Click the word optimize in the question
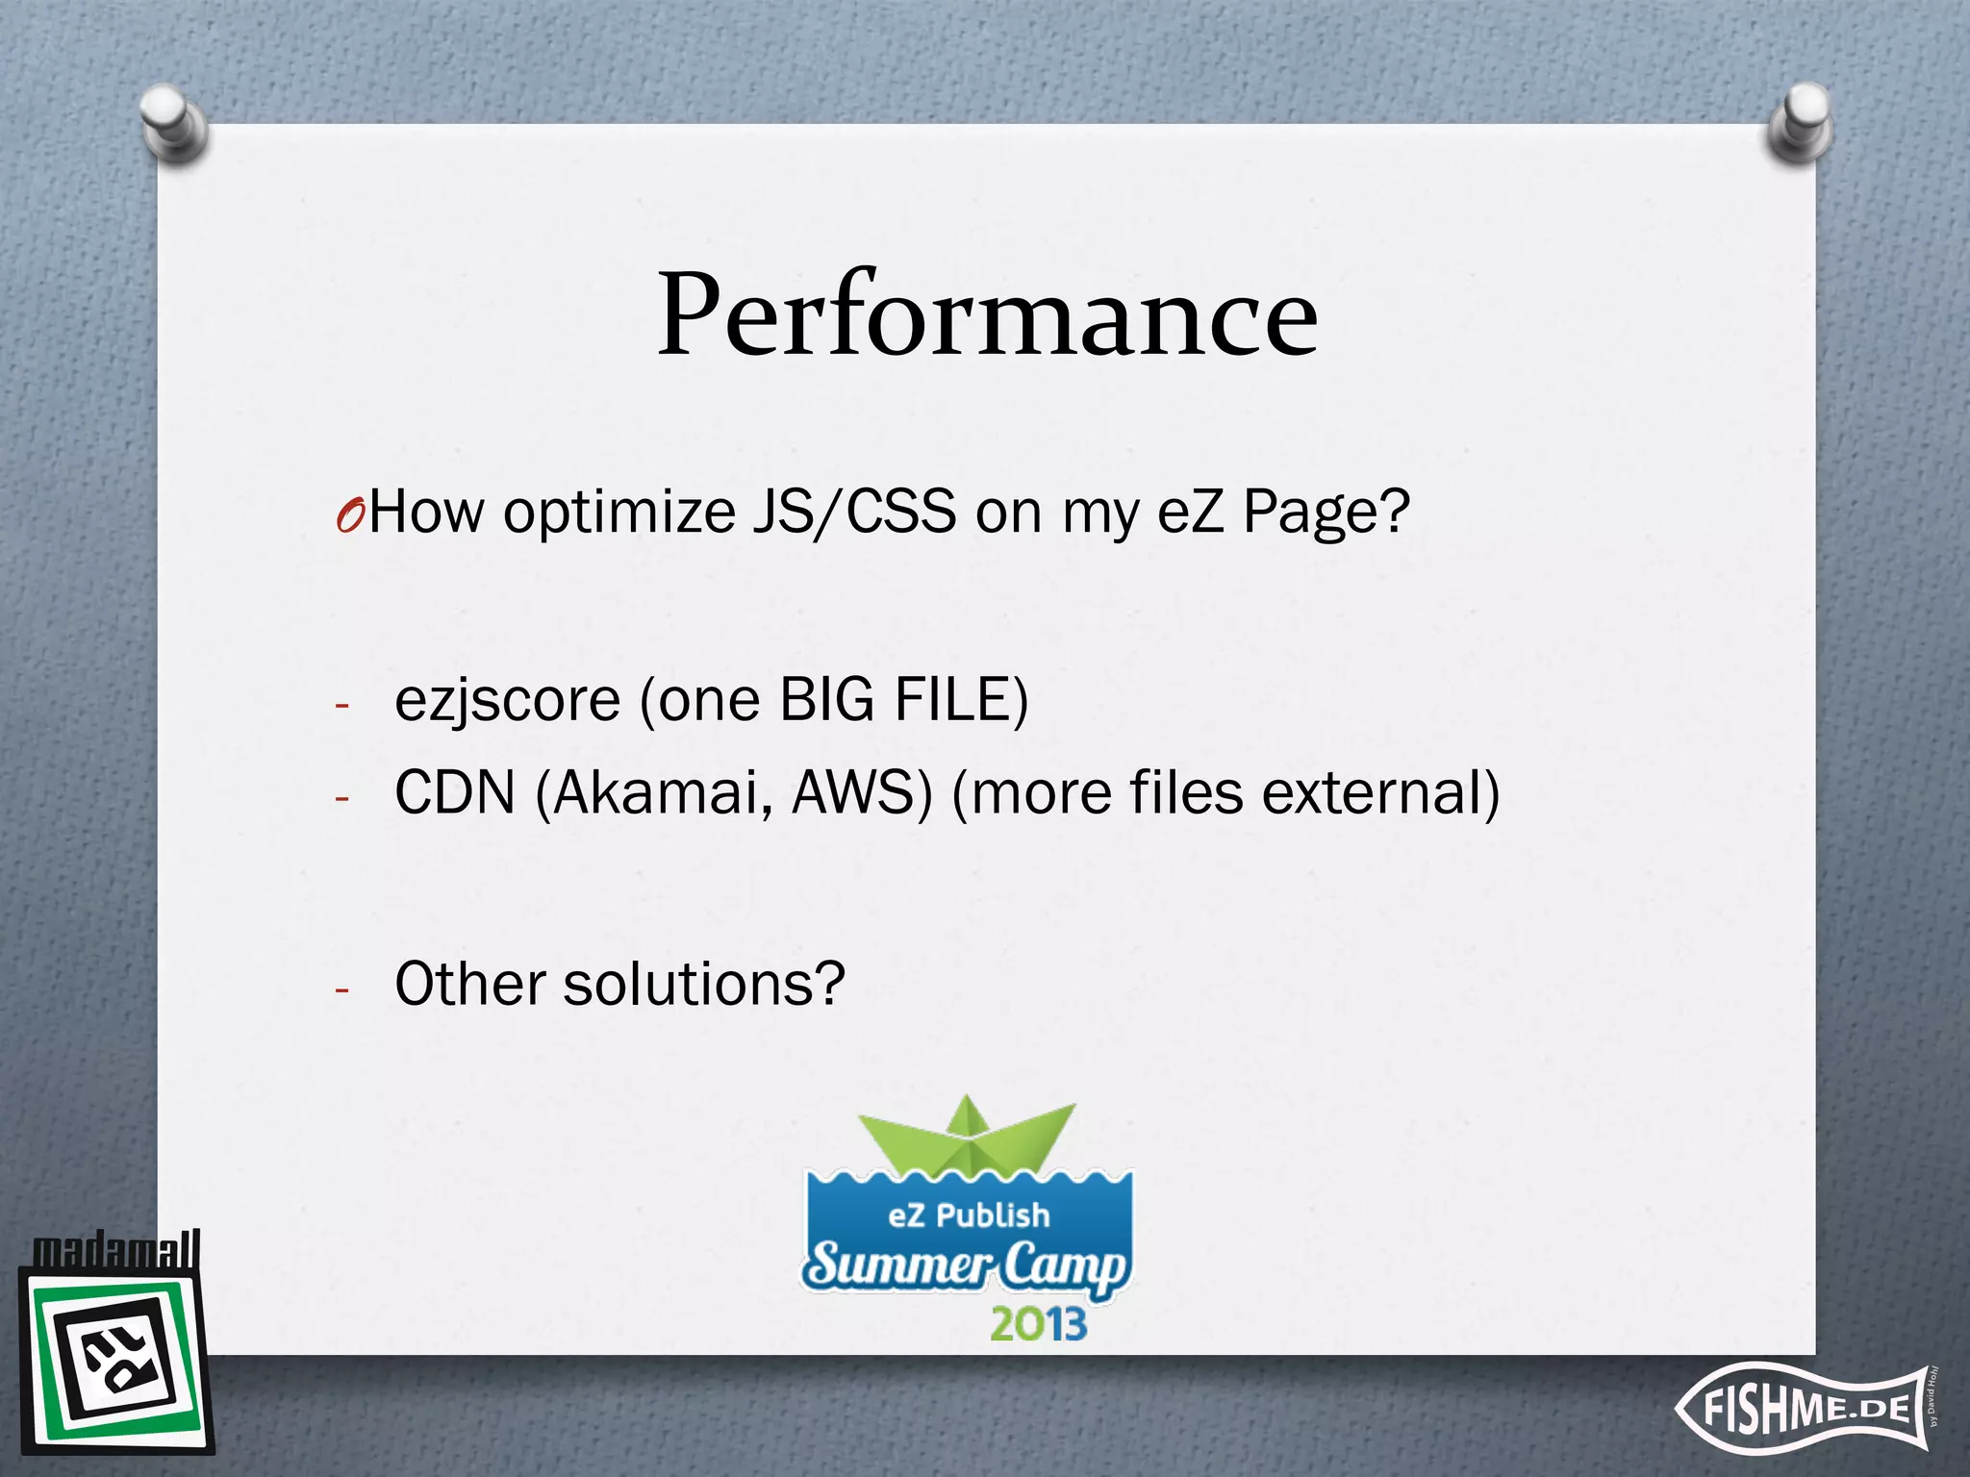(x=619, y=513)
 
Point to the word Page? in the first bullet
(x=1326, y=513)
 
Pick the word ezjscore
(x=507, y=700)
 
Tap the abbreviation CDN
(x=454, y=794)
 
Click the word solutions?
(x=704, y=985)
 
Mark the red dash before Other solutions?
(x=341, y=989)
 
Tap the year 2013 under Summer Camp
(x=1038, y=1325)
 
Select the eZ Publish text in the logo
(x=968, y=1215)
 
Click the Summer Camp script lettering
(x=966, y=1265)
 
